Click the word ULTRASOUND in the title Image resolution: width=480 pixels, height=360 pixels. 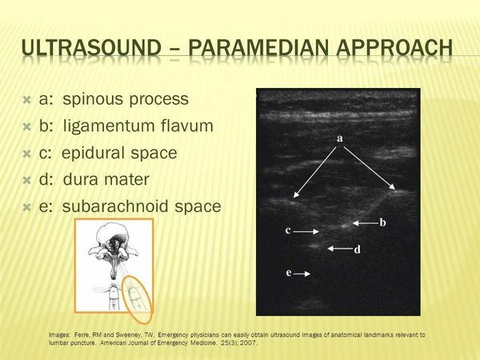coord(91,48)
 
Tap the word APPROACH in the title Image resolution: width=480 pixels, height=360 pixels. coord(394,48)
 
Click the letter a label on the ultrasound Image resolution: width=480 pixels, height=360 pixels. coord(340,138)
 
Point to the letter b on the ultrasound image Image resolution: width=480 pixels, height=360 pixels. coord(382,222)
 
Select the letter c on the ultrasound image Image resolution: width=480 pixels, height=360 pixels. coord(288,230)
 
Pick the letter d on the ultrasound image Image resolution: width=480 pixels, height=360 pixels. coord(358,250)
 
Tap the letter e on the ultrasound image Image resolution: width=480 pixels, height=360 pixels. coord(289,273)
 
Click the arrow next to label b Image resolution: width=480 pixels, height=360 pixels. coord(366,223)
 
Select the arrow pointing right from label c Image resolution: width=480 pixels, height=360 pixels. coord(306,231)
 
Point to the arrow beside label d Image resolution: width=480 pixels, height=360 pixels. coord(340,249)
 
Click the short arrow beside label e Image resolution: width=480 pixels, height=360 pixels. coord(302,274)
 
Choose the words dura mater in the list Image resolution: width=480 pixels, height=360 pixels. coord(106,180)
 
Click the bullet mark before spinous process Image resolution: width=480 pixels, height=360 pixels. coord(27,100)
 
